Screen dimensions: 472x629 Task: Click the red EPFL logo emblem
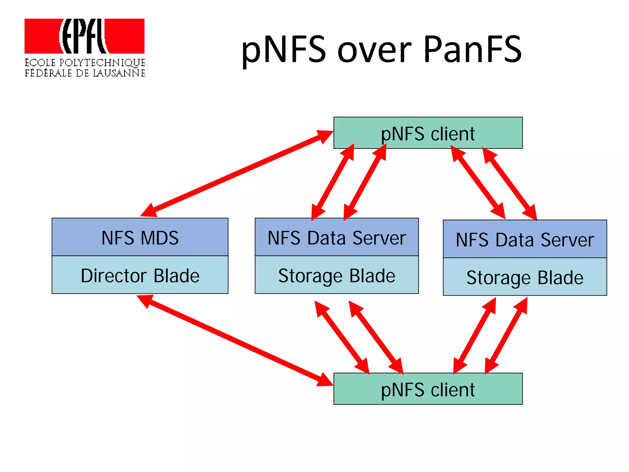84,36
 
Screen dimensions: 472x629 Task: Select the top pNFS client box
428,133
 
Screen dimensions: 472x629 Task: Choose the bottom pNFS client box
428,389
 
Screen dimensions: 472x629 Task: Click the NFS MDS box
140,237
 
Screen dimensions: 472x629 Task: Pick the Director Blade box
140,275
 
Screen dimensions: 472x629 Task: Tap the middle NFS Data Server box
337,237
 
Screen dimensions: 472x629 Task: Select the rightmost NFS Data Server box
525,239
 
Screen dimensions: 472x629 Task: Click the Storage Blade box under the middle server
337,275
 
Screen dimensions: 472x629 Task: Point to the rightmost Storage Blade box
525,277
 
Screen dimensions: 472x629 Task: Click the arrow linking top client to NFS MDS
236,174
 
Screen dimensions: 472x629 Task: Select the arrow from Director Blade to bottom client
235,340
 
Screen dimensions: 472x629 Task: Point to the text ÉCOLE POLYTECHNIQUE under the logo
85,63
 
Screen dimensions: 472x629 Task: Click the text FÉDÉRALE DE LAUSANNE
85,73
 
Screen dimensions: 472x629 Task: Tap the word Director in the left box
114,276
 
